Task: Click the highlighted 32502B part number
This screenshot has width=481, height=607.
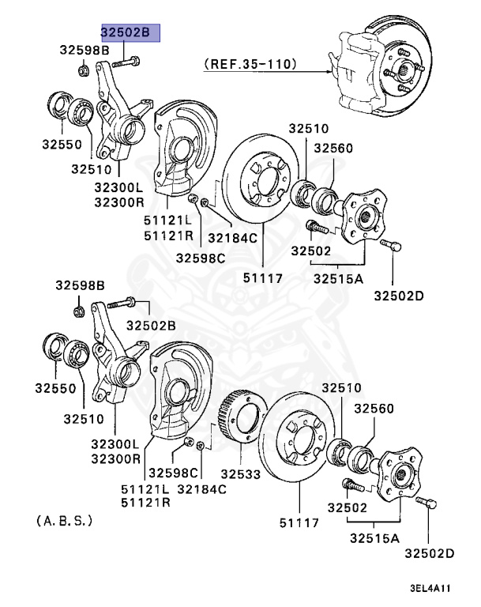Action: click(130, 32)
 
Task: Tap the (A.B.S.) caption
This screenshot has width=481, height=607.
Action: click(65, 521)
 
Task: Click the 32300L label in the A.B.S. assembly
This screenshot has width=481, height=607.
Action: click(115, 445)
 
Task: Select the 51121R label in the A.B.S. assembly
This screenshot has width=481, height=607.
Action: click(145, 503)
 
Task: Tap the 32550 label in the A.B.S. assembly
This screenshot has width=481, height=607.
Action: click(54, 388)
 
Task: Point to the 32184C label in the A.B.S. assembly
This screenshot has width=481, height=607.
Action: click(202, 489)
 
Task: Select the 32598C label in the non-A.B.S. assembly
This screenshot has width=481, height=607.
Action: click(200, 258)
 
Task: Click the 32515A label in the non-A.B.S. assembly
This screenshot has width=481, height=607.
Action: click(337, 277)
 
